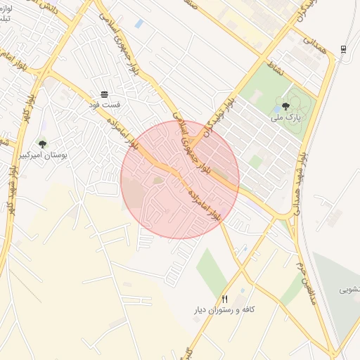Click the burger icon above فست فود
104,94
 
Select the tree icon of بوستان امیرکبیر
43,143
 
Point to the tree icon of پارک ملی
285,106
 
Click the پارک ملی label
286,118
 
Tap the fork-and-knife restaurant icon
225,299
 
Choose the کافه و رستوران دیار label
224,310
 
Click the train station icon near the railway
343,48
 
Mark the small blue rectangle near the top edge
139,24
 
